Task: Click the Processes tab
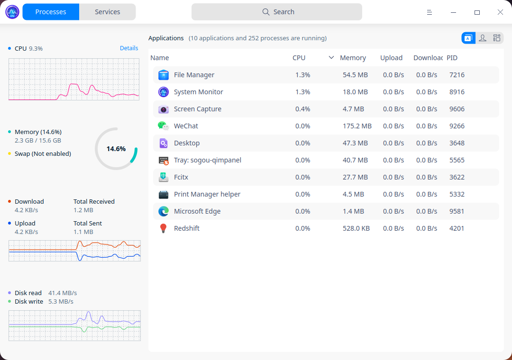51,12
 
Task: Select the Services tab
107,12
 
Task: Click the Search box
277,12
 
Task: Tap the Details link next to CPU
129,48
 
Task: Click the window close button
500,12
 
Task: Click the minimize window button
454,12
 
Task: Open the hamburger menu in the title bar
430,12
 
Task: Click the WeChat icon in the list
164,126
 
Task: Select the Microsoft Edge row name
197,211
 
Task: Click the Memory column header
353,58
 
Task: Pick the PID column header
452,58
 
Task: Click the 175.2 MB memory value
357,126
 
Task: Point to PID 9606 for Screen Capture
457,109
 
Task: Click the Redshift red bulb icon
164,228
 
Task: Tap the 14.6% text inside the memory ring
116,149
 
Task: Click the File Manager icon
164,75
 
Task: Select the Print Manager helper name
207,194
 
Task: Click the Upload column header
391,58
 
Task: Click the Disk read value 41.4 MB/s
63,293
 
